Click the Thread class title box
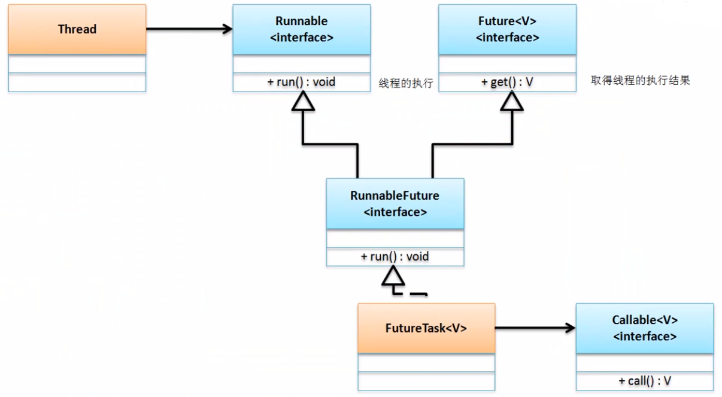tap(77, 29)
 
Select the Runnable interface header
tap(301, 29)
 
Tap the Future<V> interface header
tap(507, 29)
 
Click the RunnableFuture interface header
tap(395, 203)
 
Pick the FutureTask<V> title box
tap(426, 328)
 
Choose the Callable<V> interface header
tap(645, 328)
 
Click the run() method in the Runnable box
tap(301, 82)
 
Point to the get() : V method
tap(507, 82)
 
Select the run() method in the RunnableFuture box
tap(395, 256)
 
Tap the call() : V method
tap(645, 380)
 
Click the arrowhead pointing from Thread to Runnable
tap(226, 29)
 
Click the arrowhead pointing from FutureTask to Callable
tap(569, 328)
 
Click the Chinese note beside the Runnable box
tap(405, 83)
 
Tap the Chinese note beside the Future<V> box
tap(640, 81)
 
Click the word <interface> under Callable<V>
tap(645, 336)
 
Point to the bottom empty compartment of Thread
tap(77, 82)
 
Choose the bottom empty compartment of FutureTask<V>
tap(426, 381)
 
